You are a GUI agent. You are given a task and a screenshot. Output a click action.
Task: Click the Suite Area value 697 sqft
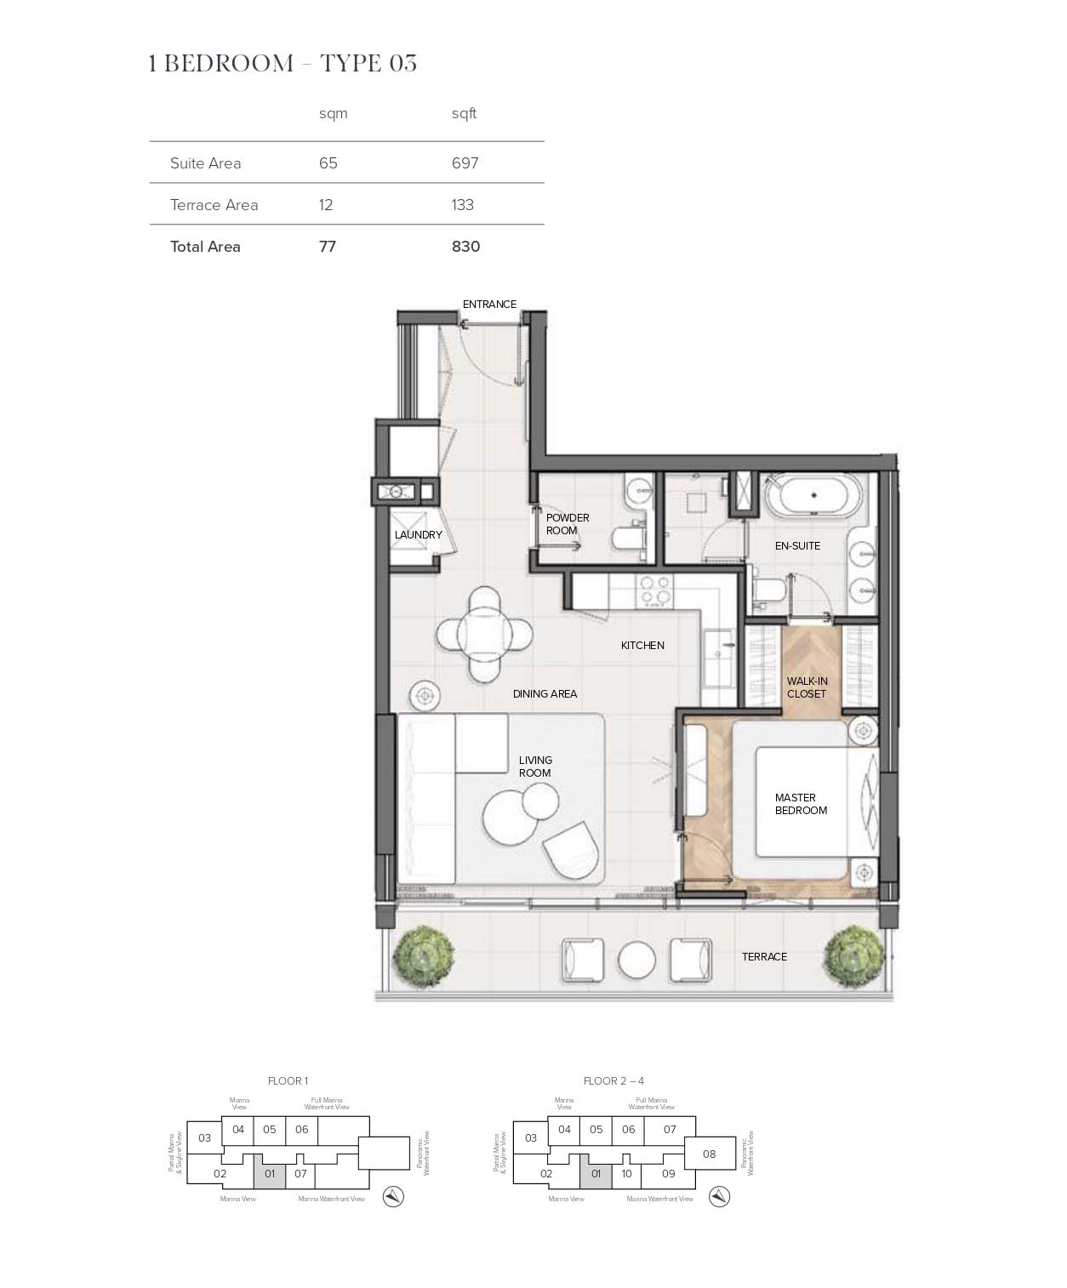465,162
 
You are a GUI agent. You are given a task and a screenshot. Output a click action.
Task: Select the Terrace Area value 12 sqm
326,205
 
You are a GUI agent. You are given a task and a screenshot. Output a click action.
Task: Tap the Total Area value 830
465,247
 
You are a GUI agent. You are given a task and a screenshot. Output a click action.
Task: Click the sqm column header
333,113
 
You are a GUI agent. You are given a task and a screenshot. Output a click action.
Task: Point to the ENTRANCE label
489,304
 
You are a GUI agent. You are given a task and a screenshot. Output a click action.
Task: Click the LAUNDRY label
418,535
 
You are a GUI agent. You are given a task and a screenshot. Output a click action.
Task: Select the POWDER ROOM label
567,524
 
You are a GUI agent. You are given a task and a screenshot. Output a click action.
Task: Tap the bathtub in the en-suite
813,495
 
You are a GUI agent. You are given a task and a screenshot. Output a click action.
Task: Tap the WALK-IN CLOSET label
807,687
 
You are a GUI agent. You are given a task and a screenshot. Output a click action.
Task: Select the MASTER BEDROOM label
800,804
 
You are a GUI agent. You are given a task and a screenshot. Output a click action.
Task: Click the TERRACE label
764,957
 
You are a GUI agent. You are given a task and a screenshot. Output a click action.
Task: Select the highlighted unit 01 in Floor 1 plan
270,1174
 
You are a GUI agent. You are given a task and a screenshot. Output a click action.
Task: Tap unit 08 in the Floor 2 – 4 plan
710,1154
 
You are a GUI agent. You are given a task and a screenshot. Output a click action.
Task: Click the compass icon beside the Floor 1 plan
393,1196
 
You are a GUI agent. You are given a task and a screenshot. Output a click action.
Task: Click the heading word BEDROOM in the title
228,64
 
